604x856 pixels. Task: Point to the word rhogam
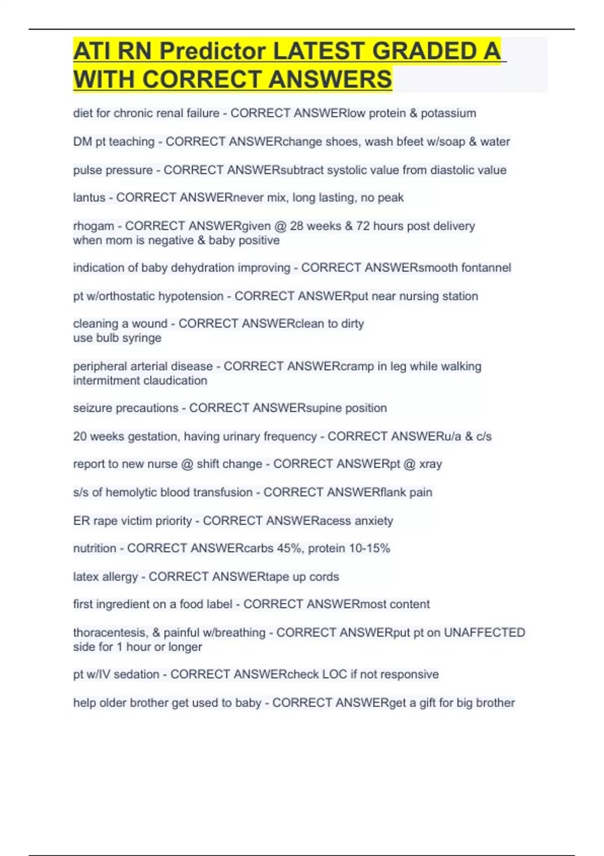[94, 226]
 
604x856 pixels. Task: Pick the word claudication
[175, 381]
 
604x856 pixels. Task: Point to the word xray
[430, 464]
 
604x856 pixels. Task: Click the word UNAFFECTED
[484, 632]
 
